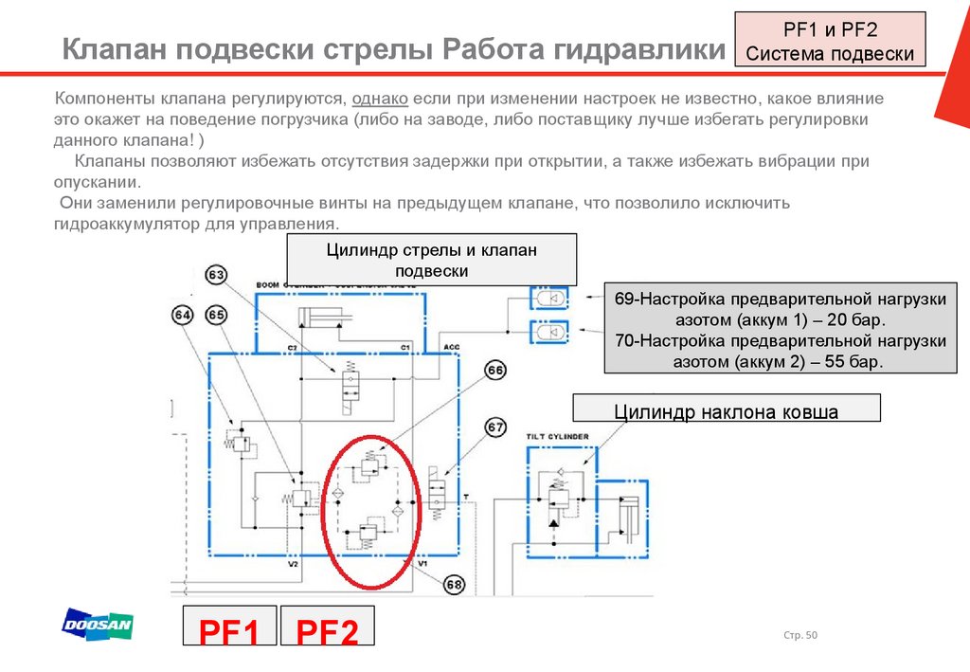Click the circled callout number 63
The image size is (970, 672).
tap(217, 276)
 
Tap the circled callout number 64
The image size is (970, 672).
tap(183, 315)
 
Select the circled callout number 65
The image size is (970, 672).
tap(216, 315)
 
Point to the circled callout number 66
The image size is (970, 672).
tap(494, 372)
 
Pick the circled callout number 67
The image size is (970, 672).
tap(494, 427)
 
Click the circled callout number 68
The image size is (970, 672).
tap(454, 585)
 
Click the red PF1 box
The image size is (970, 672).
tap(228, 630)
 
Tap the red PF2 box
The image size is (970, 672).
tap(328, 630)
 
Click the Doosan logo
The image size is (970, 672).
tap(98, 625)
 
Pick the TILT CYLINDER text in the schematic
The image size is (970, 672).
tap(558, 436)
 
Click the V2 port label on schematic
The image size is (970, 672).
tap(293, 564)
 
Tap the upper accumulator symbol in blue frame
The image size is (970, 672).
tap(548, 298)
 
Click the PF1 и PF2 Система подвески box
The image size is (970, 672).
tap(830, 42)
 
